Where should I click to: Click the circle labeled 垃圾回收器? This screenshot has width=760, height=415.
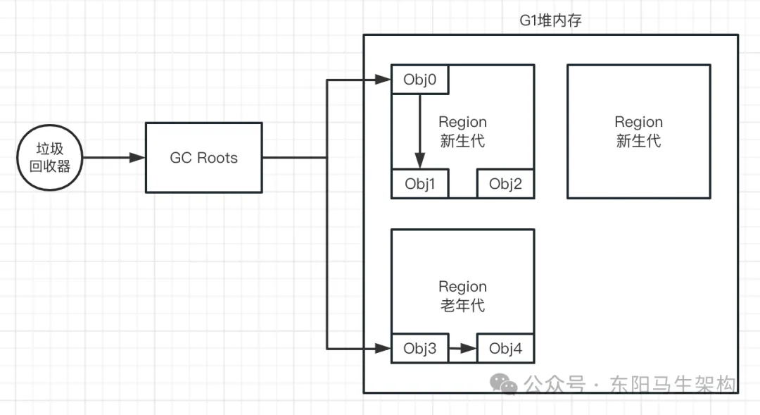(x=50, y=158)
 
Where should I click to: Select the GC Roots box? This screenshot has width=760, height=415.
(x=203, y=158)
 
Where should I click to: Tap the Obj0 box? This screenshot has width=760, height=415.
(x=420, y=80)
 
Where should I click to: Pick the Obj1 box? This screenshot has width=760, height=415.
(x=420, y=184)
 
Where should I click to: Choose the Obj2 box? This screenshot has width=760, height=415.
(x=505, y=184)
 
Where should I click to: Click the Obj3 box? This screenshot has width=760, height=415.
(x=420, y=348)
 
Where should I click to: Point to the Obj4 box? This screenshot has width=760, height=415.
(x=505, y=348)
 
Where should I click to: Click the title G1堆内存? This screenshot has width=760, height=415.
(x=550, y=20)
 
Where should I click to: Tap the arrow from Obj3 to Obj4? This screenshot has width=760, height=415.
(x=462, y=348)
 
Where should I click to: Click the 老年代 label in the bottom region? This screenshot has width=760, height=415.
(x=462, y=305)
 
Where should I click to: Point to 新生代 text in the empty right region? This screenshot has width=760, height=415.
(x=638, y=141)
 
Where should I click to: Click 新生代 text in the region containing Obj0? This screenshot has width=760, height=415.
(x=462, y=141)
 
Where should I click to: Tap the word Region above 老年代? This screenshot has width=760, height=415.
(x=462, y=287)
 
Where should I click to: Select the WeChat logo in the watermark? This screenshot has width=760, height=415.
(x=504, y=383)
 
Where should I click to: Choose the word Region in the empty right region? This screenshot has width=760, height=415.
(x=638, y=123)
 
